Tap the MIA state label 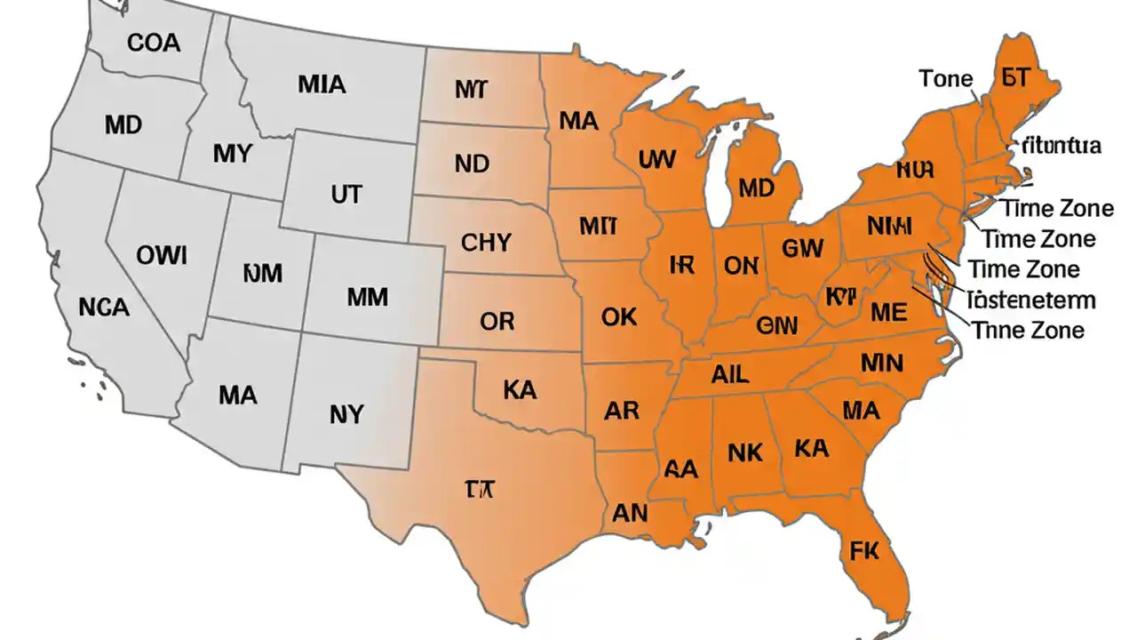[x=322, y=85]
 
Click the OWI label [x=162, y=256]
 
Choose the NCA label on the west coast [x=104, y=308]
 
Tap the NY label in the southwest [x=346, y=413]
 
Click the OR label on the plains [x=497, y=321]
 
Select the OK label [x=620, y=316]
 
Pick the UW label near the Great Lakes [x=656, y=160]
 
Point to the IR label [x=680, y=265]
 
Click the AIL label [x=730, y=374]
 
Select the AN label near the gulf [x=630, y=513]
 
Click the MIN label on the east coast [x=881, y=363]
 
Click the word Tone [x=946, y=78]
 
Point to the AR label [x=621, y=411]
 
